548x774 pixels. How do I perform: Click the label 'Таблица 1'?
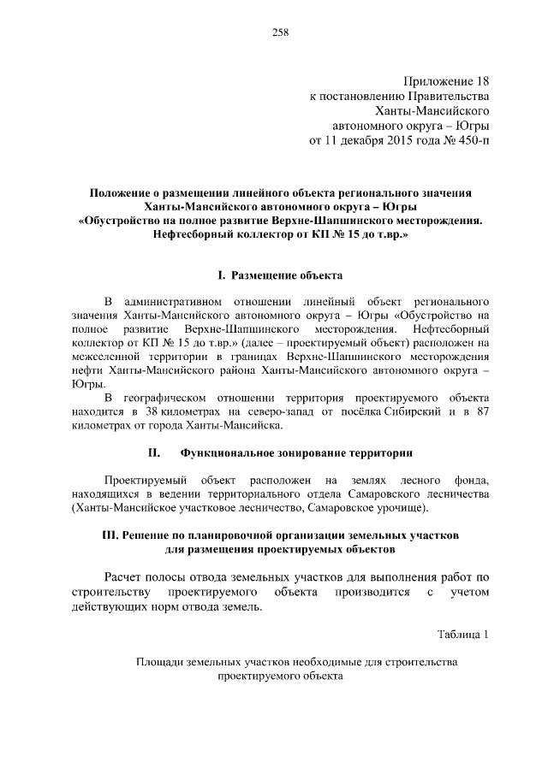click(462, 634)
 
